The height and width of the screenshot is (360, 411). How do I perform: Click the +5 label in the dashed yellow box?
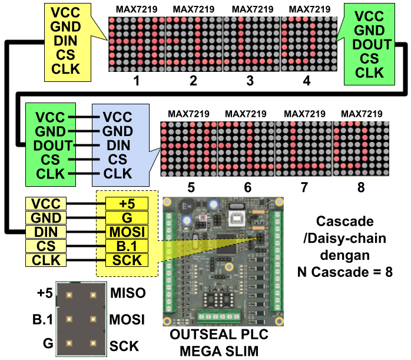pos(127,204)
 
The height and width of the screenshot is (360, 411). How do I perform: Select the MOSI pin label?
pos(127,232)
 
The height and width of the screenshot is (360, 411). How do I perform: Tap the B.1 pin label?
pos(127,246)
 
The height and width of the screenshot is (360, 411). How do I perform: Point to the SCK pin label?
pos(127,260)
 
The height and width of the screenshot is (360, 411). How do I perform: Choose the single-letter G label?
pos(127,218)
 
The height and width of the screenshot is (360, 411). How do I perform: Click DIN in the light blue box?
pos(118,145)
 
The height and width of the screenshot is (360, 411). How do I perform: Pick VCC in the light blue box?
pos(118,117)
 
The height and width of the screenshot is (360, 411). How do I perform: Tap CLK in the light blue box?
pos(118,173)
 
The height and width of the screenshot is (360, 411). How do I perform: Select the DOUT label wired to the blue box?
pos(53,145)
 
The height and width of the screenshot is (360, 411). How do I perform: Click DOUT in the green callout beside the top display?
pos(372,45)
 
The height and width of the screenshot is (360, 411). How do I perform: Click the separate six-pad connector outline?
pos(81,319)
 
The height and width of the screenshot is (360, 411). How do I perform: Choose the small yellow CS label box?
pos(46,246)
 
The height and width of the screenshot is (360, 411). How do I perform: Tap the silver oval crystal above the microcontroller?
pos(237,207)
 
